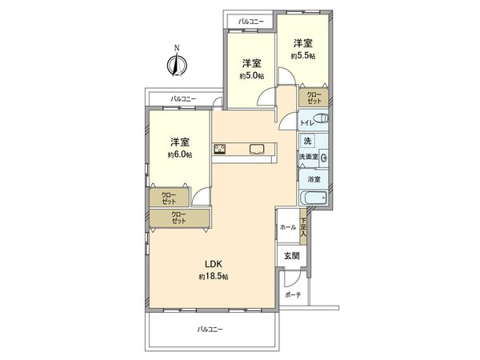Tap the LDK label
[214, 265]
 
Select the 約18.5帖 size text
[214, 277]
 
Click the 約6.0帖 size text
[179, 155]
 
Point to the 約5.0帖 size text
[251, 76]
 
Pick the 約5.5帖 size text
[302, 57]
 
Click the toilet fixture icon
[322, 119]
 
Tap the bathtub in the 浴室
[310, 198]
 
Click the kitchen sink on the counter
[258, 147]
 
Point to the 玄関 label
[291, 256]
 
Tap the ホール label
[287, 227]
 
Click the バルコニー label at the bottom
[210, 329]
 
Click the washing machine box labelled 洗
[308, 141]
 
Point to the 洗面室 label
[309, 158]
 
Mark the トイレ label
[307, 122]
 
